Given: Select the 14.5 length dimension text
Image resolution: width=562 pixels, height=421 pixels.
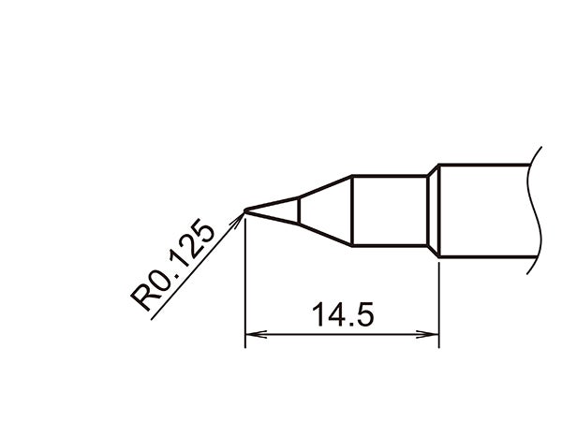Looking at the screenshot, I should [x=343, y=315].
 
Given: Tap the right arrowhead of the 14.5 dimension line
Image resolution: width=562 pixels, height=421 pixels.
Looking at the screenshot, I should [x=433, y=333].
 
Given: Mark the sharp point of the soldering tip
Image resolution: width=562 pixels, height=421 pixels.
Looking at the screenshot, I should [x=244, y=210].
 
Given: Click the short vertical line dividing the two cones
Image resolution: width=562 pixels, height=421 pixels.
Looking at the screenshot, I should [x=298, y=210].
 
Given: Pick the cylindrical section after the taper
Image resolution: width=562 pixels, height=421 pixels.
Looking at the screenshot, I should [x=389, y=210].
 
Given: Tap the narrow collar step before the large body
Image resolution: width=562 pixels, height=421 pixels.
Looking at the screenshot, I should [x=433, y=210].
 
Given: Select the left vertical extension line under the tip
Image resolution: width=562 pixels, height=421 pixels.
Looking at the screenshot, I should [x=244, y=281].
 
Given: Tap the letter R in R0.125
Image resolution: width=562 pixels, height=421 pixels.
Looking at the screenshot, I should [x=145, y=298].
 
